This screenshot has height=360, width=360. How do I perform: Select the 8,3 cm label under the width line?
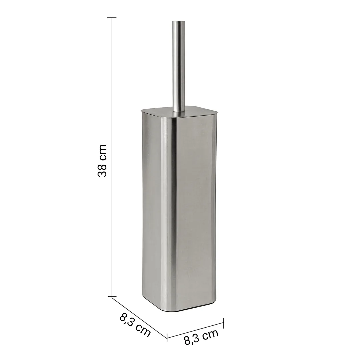click(x=201, y=337)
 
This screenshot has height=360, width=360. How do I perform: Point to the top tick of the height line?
click(x=112, y=17)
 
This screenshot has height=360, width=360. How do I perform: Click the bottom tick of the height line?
click(x=112, y=296)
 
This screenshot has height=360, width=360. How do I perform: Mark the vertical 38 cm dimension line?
click(x=112, y=157)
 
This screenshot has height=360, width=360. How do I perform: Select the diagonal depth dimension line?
click(x=139, y=317)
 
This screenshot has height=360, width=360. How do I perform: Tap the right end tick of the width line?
click(x=223, y=323)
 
